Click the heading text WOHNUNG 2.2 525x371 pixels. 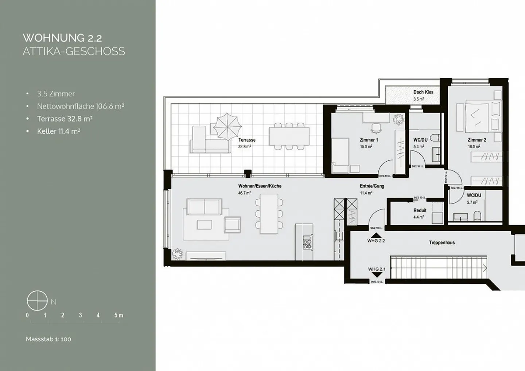[x=62, y=38]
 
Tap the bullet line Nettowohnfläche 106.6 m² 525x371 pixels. [x=80, y=106]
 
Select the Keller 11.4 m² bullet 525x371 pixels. [x=58, y=131]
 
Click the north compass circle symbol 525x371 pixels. [x=37, y=301]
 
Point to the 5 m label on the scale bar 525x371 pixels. [x=118, y=315]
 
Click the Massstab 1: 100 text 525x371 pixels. [x=48, y=339]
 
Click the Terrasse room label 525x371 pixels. [x=247, y=140]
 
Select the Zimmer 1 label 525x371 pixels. [x=369, y=140]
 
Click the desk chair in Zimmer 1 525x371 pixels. [x=375, y=128]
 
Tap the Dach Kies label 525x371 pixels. [x=423, y=92]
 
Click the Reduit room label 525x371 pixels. [x=420, y=210]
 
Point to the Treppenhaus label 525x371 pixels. [x=442, y=242]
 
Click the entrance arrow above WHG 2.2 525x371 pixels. [x=376, y=236]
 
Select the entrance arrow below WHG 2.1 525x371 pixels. [x=376, y=275]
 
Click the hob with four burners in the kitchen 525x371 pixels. [x=307, y=242]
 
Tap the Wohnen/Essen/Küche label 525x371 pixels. [x=260, y=186]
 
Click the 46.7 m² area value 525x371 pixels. [x=244, y=193]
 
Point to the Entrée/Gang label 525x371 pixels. [x=372, y=186]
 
